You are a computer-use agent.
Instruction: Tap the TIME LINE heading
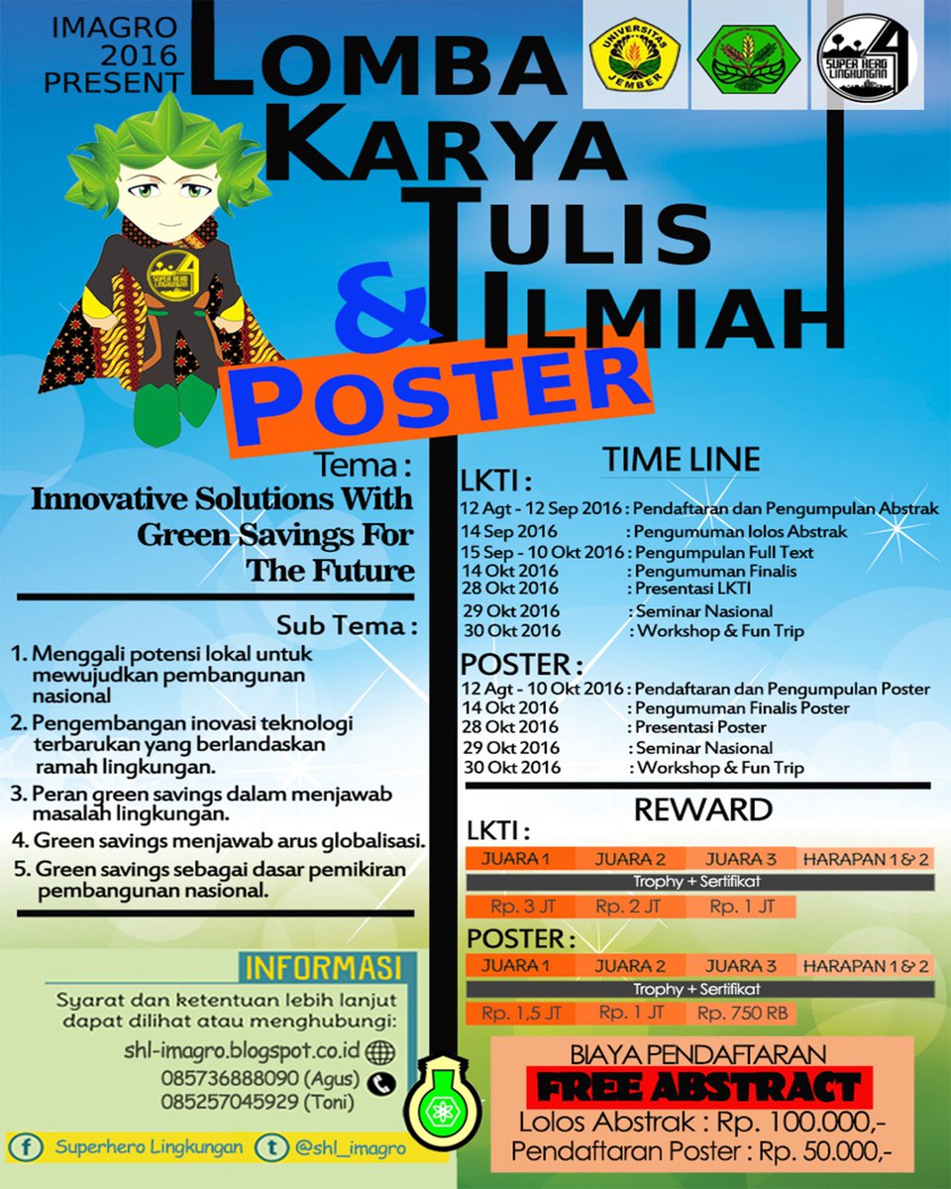pos(682,459)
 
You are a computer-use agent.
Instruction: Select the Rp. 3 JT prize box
pos(516,907)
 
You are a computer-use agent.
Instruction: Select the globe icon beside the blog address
pos(379,1050)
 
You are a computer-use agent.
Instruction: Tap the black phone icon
pos(381,1083)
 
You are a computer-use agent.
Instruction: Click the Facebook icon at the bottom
pos(26,1148)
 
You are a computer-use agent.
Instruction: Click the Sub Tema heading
pos(346,626)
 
